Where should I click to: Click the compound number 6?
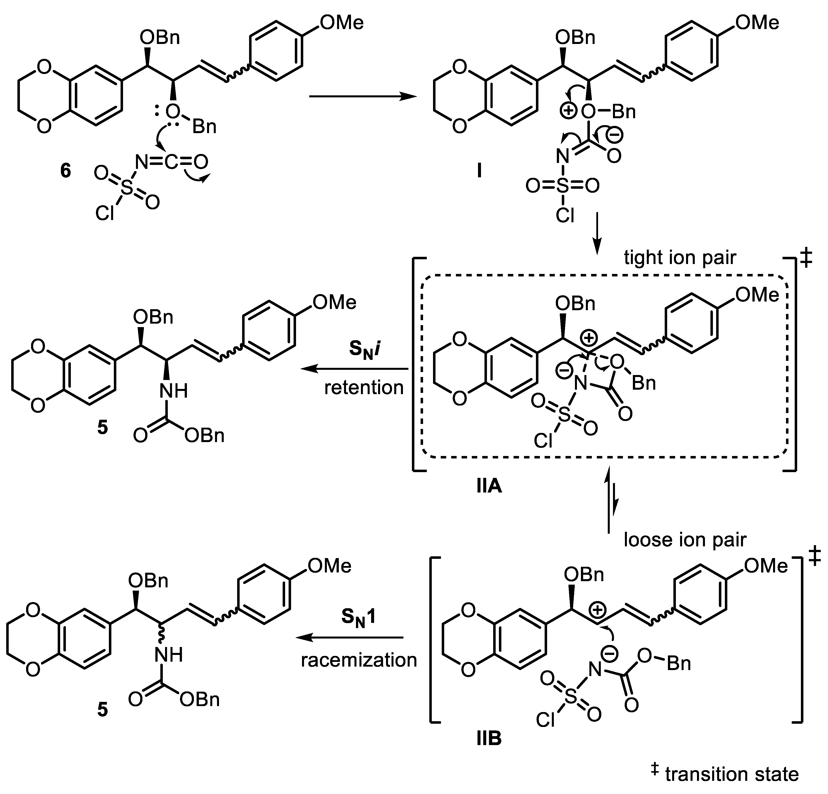tap(65, 171)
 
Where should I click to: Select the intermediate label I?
tap(479, 171)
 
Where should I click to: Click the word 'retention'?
tap(364, 387)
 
